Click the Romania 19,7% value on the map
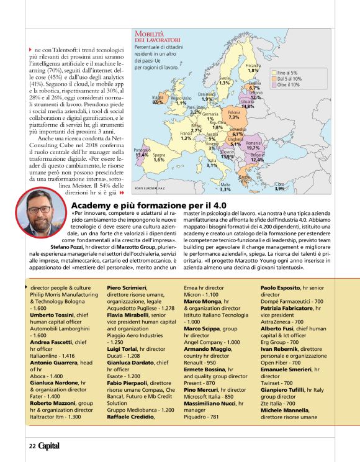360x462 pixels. (253, 148)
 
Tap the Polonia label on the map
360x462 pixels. (234, 112)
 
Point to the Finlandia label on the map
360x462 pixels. (253, 65)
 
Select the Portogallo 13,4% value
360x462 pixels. (142, 155)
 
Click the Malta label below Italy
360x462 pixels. (225, 184)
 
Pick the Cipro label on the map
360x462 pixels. (280, 184)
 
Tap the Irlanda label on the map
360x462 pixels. (158, 97)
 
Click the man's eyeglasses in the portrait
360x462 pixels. (38, 209)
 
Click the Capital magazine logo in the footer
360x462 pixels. (49, 446)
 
